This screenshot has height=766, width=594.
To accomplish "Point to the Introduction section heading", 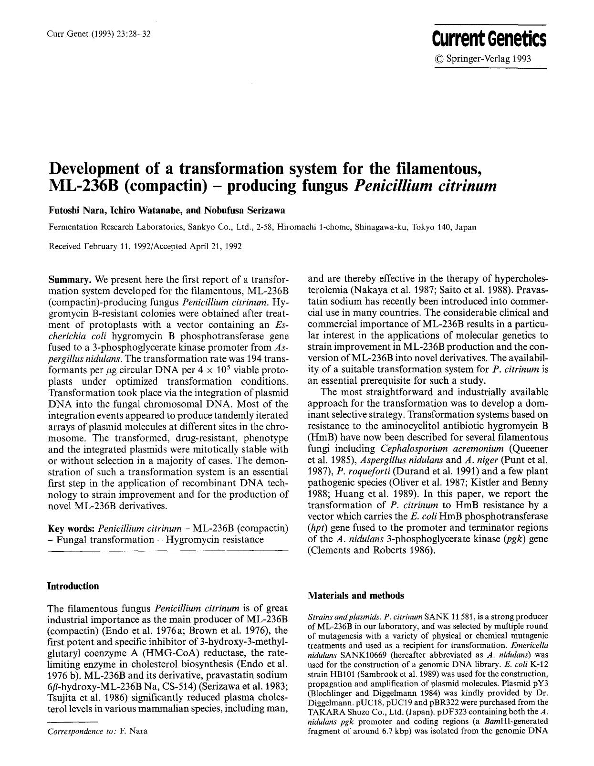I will coord(73,586).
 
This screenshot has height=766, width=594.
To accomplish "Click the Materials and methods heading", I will coord(356,596).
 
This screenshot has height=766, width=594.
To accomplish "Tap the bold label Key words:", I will coord(72,528).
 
